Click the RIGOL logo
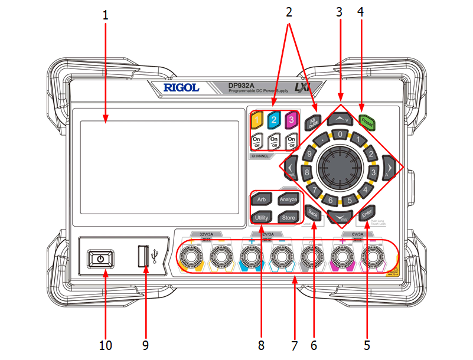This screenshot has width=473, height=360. (181, 88)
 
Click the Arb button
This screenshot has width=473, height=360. (262, 199)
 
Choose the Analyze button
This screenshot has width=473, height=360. (288, 199)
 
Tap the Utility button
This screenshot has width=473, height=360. (262, 218)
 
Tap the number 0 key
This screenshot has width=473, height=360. (340, 135)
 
